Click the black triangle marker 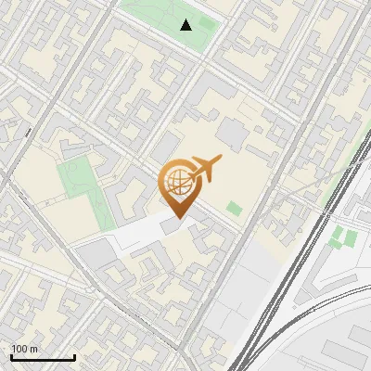[x=186, y=25]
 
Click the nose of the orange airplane [x=220, y=158]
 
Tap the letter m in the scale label [x=34, y=349]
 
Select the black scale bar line [x=43, y=358]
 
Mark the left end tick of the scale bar [x=11, y=356]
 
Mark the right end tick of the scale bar [x=74, y=356]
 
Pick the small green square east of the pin [x=234, y=209]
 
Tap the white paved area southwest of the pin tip [x=139, y=237]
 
